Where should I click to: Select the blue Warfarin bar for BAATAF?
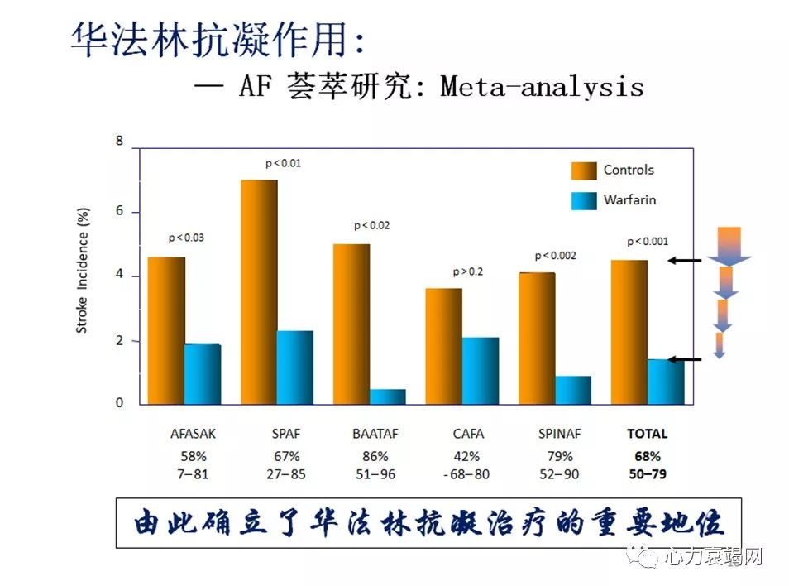[387, 396]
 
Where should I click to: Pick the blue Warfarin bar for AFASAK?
[202, 374]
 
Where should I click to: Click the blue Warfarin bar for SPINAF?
[573, 390]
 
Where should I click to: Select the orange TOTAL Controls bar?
[629, 332]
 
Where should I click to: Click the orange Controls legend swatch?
[583, 171]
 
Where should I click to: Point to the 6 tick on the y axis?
[119, 211]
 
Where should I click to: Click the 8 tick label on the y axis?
[119, 142]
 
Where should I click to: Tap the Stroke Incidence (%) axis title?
[82, 270]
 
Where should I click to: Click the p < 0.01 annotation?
[283, 163]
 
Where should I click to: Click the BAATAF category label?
[375, 433]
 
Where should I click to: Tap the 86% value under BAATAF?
[375, 456]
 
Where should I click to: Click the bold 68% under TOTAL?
[647, 456]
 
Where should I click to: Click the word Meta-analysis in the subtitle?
[542, 86]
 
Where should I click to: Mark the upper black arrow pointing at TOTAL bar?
[685, 261]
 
